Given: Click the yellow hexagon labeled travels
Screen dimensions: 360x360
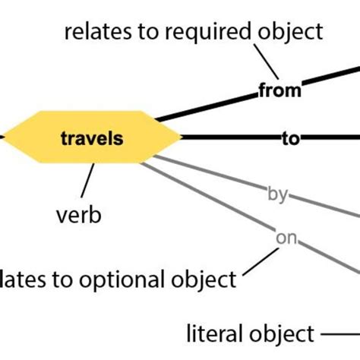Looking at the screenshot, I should [91, 138].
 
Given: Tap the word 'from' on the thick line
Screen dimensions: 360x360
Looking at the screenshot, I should [280, 91].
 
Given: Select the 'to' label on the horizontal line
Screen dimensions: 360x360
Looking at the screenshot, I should [291, 138].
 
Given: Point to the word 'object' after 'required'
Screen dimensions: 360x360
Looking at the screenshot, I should [291, 32].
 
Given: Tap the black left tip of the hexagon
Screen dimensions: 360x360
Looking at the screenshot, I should [3, 137].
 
